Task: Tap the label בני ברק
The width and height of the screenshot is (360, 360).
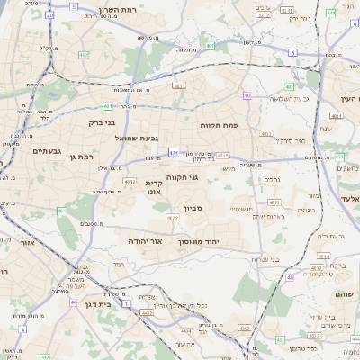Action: [x=103, y=122]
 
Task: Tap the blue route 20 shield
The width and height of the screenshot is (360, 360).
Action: [x=49, y=15]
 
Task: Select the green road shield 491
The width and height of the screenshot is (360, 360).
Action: [x=210, y=45]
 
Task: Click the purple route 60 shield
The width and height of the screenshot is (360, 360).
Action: [x=247, y=95]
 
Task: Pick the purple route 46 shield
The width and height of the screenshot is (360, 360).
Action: [x=290, y=278]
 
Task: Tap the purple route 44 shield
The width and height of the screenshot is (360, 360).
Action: [x=73, y=302]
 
